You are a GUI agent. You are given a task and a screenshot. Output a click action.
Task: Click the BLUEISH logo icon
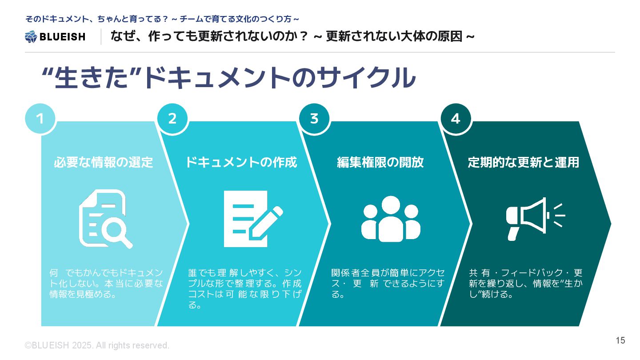(x=31, y=36)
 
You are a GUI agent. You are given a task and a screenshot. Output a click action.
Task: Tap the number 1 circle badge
(x=40, y=119)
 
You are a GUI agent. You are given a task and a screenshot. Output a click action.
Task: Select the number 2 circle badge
(x=172, y=119)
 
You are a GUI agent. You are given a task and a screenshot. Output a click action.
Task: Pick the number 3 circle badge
(x=314, y=119)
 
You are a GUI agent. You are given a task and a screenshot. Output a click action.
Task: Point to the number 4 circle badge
(x=456, y=119)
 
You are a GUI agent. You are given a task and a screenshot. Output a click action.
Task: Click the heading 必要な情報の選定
(x=103, y=163)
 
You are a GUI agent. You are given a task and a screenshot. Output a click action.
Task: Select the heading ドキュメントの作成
(x=241, y=163)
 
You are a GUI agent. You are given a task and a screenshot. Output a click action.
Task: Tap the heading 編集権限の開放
(x=380, y=163)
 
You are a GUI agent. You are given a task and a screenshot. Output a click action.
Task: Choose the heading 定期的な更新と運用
(x=524, y=163)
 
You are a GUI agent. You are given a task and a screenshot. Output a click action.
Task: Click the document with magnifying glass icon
(x=105, y=219)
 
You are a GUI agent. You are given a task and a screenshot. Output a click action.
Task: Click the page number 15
(x=620, y=340)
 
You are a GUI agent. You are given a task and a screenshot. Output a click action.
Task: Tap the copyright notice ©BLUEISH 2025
(x=97, y=345)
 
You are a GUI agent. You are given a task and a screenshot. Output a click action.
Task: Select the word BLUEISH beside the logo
(x=62, y=37)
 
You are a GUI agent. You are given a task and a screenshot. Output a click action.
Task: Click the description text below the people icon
(x=388, y=283)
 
